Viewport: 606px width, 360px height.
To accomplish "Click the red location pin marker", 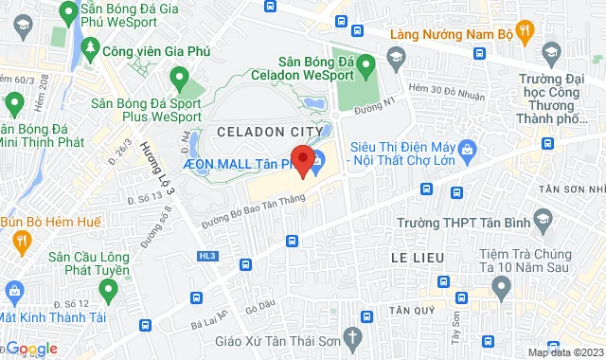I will pos(303,161).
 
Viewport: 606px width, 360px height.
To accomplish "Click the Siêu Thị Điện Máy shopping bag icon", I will pos(466,150).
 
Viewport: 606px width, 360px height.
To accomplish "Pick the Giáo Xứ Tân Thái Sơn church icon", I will pos(352,337).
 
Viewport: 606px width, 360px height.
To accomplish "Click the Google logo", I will pos(30,349).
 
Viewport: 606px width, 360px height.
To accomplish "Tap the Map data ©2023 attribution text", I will pos(566,352).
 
